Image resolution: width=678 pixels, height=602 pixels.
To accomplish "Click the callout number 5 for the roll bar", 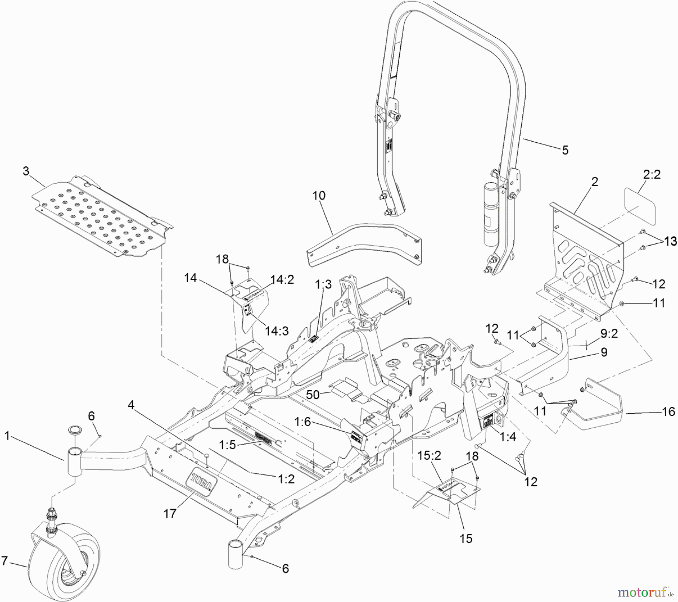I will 565,150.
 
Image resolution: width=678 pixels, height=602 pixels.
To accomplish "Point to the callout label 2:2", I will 651,175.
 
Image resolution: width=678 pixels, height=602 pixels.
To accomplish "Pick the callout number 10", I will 319,196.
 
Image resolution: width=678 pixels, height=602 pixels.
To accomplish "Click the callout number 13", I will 670,241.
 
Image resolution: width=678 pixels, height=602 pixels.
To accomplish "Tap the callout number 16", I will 668,412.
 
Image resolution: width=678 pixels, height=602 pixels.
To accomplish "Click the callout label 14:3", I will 276,330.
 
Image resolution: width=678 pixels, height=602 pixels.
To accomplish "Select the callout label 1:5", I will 228,445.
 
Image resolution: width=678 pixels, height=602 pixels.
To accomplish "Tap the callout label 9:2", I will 609,333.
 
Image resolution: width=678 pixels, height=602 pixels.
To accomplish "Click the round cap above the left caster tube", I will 73,430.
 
